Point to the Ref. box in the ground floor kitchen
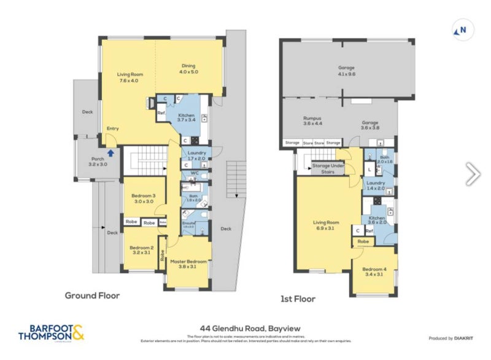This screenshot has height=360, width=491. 161,113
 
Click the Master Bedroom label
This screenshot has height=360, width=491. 188,265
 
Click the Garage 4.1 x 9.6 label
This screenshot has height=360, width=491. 347,71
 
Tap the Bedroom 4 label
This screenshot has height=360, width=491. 374,272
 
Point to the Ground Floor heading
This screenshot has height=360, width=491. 92,295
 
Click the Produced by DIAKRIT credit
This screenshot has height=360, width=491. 454,338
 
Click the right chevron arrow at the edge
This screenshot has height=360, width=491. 473,174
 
